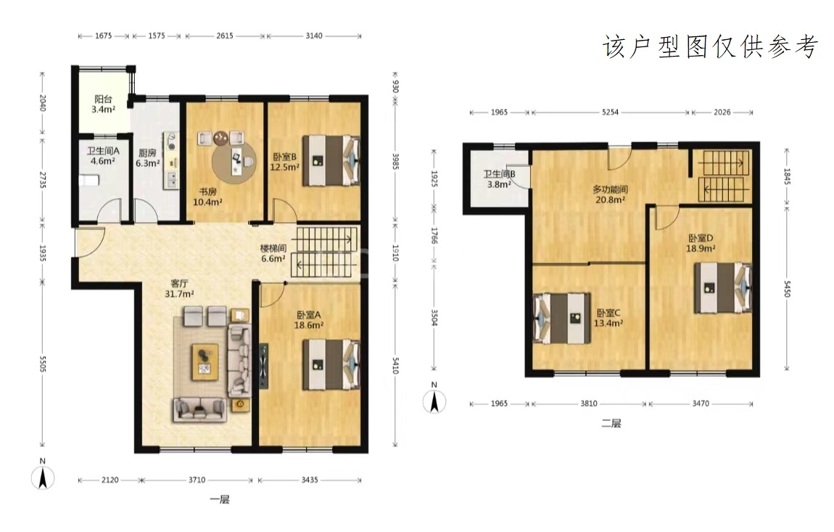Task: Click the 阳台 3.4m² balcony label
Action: (x=103, y=104)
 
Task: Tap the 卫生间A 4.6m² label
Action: (x=103, y=155)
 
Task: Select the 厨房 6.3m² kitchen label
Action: (x=147, y=158)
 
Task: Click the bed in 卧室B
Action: (x=331, y=160)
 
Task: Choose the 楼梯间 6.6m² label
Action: (x=273, y=253)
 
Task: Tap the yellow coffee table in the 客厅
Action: (x=205, y=361)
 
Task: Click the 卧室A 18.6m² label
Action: (x=309, y=319)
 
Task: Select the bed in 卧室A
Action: (x=331, y=365)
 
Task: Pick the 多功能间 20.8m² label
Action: (x=610, y=195)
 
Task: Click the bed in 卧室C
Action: (x=562, y=319)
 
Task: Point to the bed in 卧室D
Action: (x=723, y=287)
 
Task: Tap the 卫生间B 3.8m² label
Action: (x=499, y=179)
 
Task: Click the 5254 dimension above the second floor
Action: (x=610, y=112)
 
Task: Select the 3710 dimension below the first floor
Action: (x=197, y=480)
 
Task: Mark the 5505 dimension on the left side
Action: (x=43, y=364)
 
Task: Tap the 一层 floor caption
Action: (x=219, y=499)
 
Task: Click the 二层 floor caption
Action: (x=611, y=423)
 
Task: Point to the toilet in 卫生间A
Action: (x=89, y=181)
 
